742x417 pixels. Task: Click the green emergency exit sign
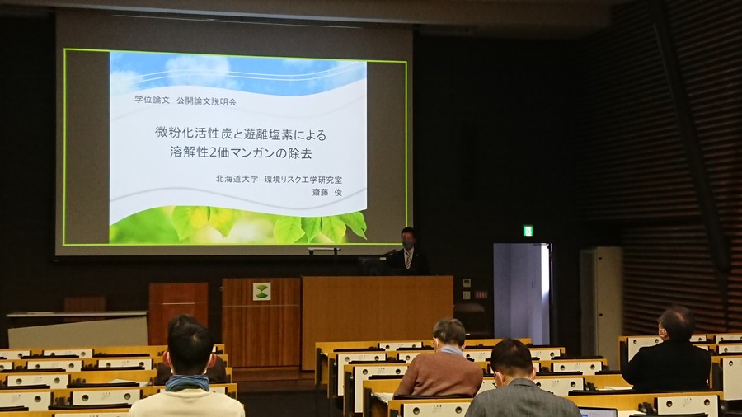coord(528,231)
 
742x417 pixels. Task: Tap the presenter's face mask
coord(408,245)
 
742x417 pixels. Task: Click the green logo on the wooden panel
coord(261,291)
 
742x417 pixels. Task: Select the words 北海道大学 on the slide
coord(237,179)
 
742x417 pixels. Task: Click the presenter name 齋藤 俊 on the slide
coord(326,192)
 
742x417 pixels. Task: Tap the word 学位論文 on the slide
coord(152,100)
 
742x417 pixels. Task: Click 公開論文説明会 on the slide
coord(206,101)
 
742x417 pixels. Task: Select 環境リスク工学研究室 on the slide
coord(303,180)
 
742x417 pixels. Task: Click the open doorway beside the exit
coord(522,293)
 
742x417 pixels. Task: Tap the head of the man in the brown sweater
coord(449,333)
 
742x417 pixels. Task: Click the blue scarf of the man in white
coord(187,382)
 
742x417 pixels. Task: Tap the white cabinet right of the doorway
coord(601,293)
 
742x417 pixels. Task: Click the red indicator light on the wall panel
coord(481,294)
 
